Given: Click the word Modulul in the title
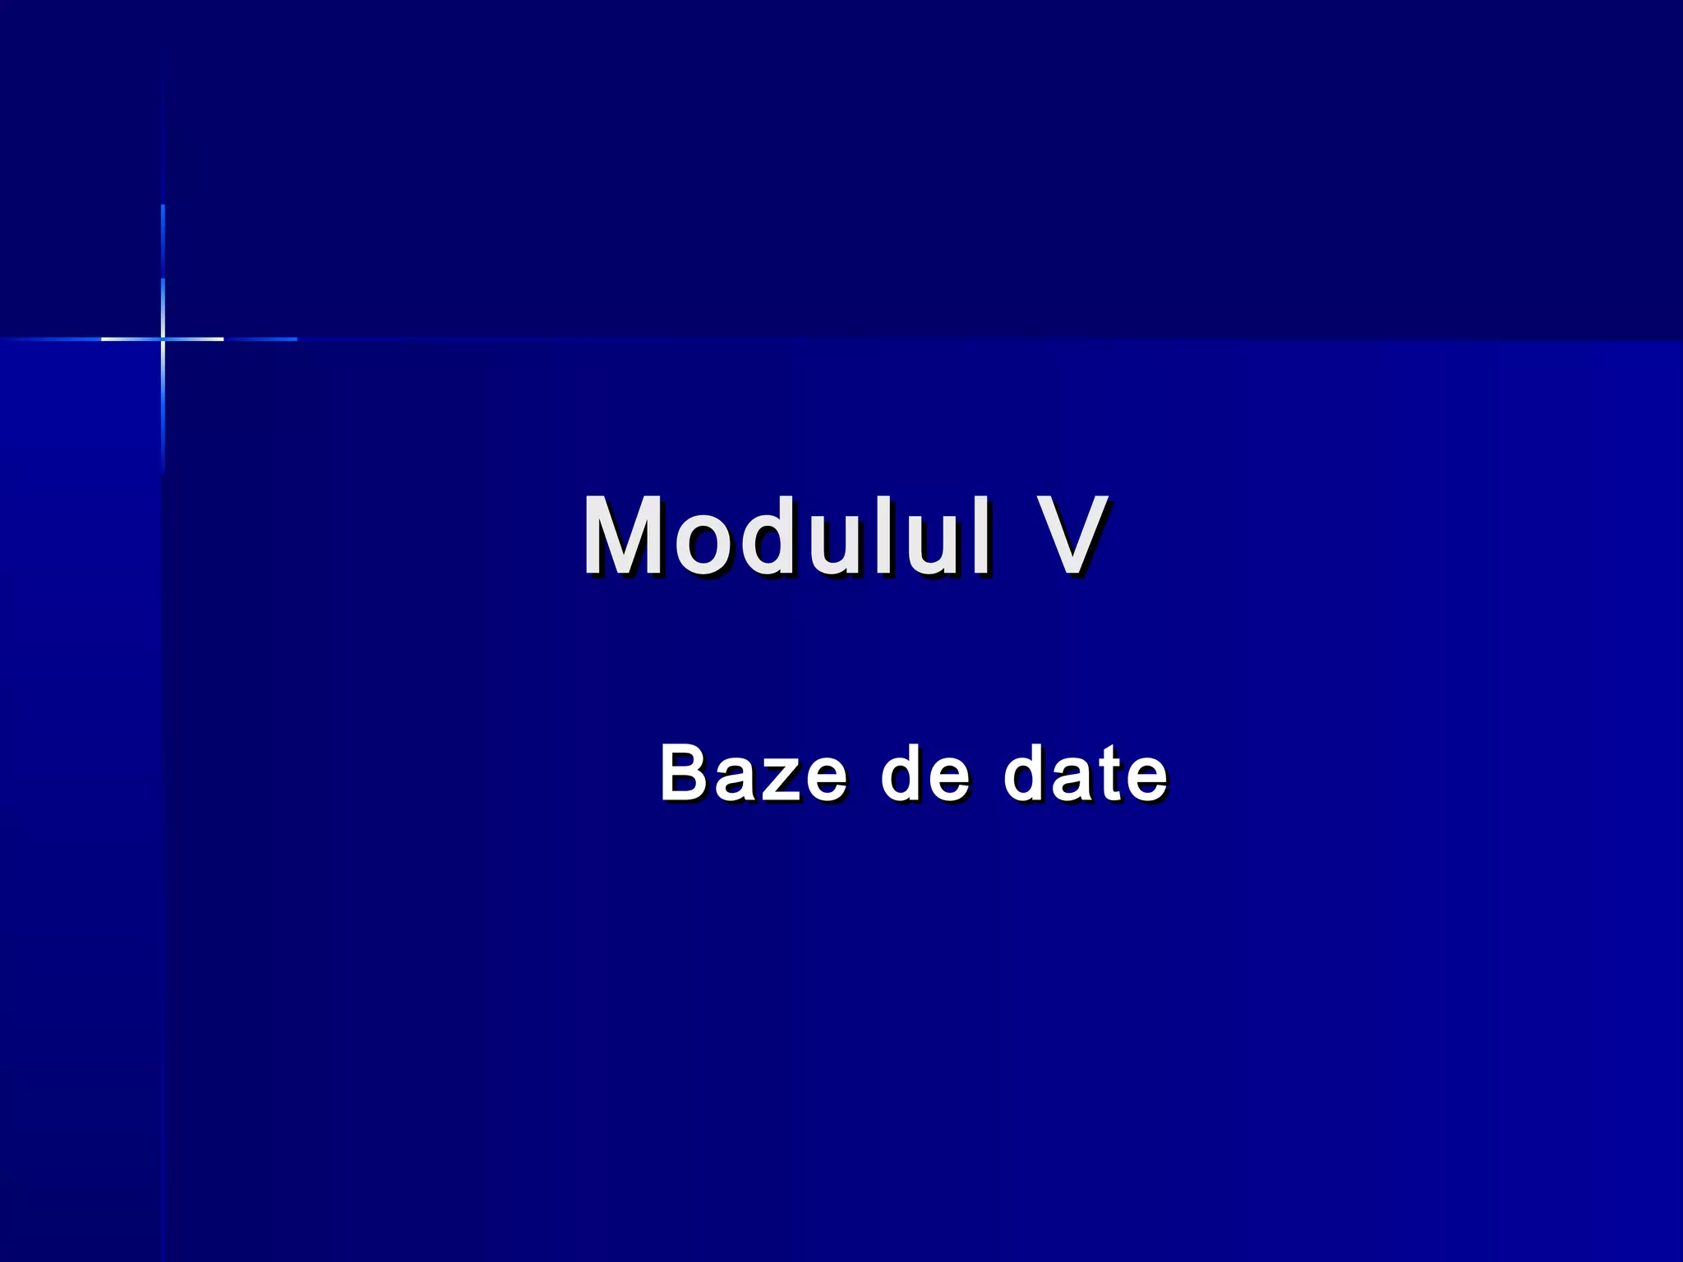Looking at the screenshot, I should pyautogui.click(x=786, y=537).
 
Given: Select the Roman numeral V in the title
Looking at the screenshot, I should pyautogui.click(x=1068, y=537).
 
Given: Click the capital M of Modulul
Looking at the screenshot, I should pyautogui.click(x=623, y=537).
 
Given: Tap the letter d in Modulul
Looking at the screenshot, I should pyautogui.click(x=768, y=537).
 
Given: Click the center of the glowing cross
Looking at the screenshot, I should pyautogui.click(x=163, y=339).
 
